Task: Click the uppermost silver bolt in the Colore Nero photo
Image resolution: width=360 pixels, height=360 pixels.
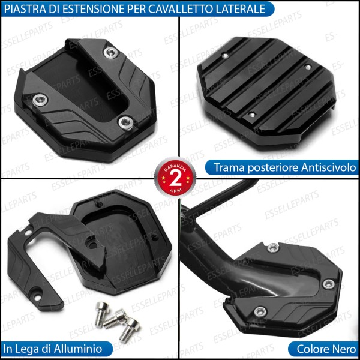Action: pos(274,247)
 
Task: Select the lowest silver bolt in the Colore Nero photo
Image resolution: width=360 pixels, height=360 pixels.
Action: pos(260,311)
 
